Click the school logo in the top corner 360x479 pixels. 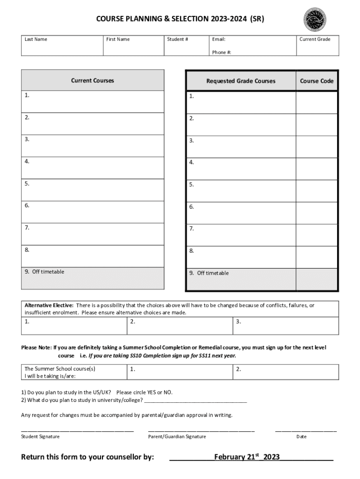[x=315, y=20]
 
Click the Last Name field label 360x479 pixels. [x=36, y=39]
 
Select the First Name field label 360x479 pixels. [x=118, y=39]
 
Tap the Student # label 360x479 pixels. [x=178, y=39]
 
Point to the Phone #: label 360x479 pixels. [x=222, y=52]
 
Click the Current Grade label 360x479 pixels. [x=315, y=39]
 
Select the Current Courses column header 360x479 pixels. [x=93, y=80]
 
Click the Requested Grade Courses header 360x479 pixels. [x=241, y=81]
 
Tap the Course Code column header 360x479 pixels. [x=317, y=81]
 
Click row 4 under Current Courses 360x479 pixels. [x=93, y=168]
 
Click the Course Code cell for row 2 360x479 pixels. [x=317, y=124]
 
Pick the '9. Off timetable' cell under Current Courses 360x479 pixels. [x=93, y=278]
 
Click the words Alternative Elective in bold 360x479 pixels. [x=49, y=305]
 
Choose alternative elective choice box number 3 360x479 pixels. [x=285, y=326]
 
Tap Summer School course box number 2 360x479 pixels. [x=285, y=372]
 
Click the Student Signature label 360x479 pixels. [x=41, y=436]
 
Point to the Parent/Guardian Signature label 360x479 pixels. [x=177, y=436]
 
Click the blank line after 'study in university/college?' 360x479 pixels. [x=196, y=400]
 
